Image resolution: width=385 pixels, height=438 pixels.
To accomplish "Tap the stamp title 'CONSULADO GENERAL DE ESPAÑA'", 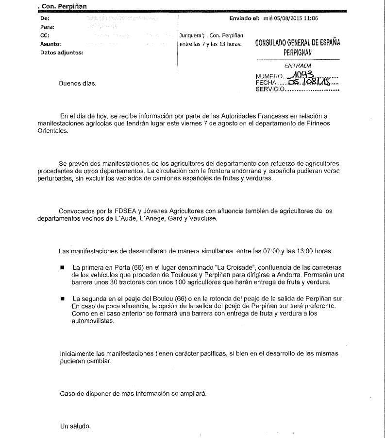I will [x=298, y=43].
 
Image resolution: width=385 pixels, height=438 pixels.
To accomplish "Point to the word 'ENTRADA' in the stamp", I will [x=298, y=66].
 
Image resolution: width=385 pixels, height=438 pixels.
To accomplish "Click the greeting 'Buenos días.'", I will [x=78, y=83].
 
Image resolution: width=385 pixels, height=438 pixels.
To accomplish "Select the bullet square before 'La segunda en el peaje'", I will [x=62, y=298].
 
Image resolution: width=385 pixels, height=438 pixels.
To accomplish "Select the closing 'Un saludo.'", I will [x=75, y=426].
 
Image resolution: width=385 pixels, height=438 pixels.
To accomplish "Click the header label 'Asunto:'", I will [x=52, y=44].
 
